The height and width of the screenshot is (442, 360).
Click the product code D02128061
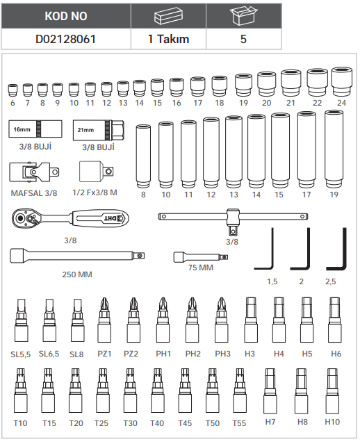[x=66, y=39]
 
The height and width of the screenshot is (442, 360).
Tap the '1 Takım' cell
[x=168, y=39]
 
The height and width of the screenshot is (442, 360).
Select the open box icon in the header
[x=243, y=15]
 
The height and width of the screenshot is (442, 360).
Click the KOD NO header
[x=66, y=16]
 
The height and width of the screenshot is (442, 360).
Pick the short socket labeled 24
[x=342, y=82]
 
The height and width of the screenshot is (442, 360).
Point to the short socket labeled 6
[x=13, y=90]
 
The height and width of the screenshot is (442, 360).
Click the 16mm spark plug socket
[x=35, y=129]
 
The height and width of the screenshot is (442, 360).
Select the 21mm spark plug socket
[x=98, y=130]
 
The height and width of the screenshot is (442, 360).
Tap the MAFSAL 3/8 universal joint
[x=34, y=172]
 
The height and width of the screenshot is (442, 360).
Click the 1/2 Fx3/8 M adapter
[x=97, y=172]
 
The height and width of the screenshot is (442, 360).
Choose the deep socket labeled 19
[x=334, y=149]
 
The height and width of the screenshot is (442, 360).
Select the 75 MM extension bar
[x=200, y=257]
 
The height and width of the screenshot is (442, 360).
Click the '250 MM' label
[x=77, y=275]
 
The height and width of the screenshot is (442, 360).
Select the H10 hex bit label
[x=332, y=422]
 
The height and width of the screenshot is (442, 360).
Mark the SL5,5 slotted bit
[x=21, y=320]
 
